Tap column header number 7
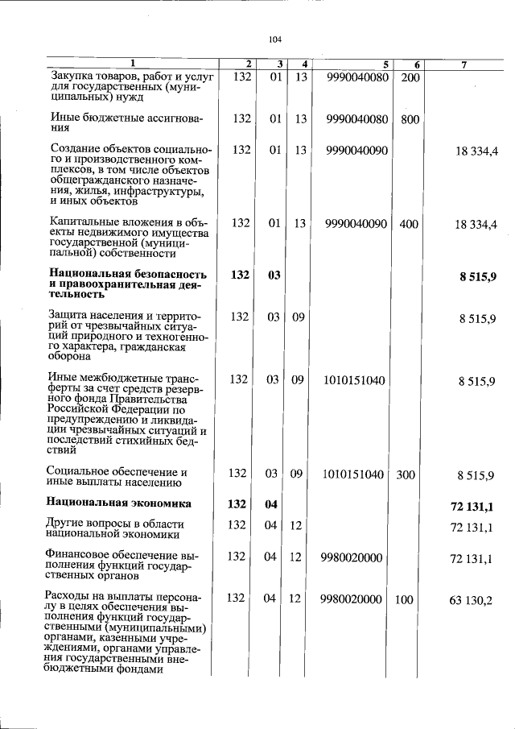pos(464,64)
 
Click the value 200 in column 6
pos(410,77)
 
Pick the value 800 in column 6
pos(410,119)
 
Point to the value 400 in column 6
pos(409,224)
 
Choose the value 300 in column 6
pos(406,474)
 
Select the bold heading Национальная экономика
pos(119,504)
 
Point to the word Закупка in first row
pos(72,77)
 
